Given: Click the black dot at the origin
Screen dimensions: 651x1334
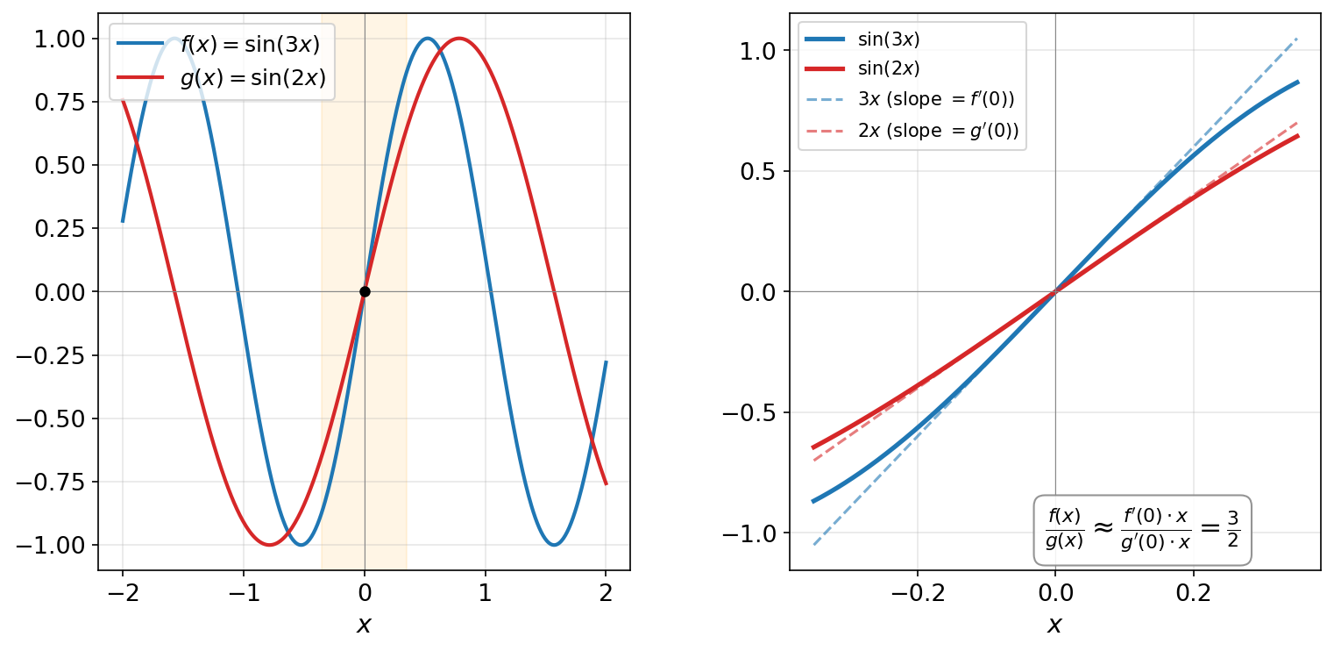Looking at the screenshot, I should point(365,291).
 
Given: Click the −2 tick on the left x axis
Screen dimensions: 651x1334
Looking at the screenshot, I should point(122,592).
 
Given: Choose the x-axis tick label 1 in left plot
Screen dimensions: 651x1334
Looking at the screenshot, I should point(486,592).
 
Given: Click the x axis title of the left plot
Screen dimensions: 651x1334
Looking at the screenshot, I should point(365,624).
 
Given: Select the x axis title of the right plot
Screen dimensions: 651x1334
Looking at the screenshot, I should point(1055,624).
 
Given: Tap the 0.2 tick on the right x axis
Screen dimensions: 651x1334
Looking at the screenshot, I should point(1193,592).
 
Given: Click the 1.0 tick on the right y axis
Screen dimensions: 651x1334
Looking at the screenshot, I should point(758,51).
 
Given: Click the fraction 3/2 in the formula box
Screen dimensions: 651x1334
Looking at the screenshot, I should point(1232,529).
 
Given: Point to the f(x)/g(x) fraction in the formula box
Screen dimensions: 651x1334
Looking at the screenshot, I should point(1065,529).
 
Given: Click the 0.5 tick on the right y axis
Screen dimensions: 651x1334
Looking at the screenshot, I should point(758,171).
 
